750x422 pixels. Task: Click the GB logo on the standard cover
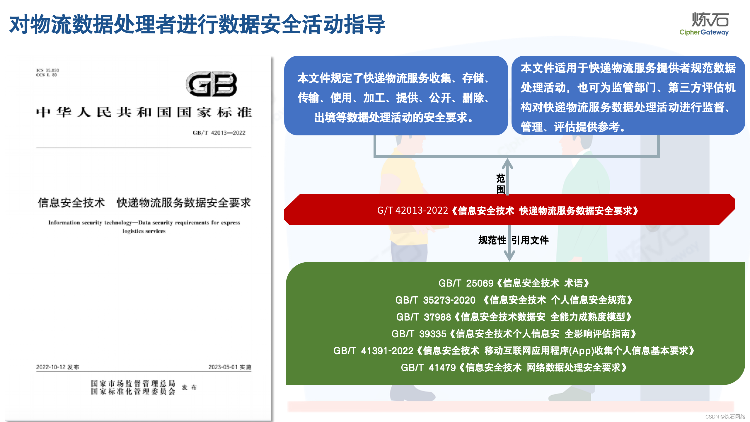coord(211,84)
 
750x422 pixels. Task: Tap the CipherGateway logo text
coord(704,32)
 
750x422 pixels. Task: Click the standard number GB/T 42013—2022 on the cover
coord(219,133)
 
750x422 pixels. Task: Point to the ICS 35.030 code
coord(47,70)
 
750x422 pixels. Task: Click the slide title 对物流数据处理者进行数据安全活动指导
coord(197,25)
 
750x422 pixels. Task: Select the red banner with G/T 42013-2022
coord(509,210)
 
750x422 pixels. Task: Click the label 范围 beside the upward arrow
coord(500,184)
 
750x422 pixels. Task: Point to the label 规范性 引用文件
coord(513,240)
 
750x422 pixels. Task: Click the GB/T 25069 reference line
coord(514,283)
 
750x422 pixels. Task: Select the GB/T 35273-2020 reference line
coord(514,300)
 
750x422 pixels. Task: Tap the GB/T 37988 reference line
coord(514,317)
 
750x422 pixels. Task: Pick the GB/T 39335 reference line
coord(514,334)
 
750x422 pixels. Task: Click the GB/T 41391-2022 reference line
coord(514,350)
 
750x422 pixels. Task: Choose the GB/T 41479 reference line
coord(514,367)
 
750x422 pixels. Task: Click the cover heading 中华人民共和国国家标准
coord(144,112)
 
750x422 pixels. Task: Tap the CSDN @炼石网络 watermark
coord(725,417)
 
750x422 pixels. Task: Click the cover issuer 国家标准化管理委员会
coord(133,392)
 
